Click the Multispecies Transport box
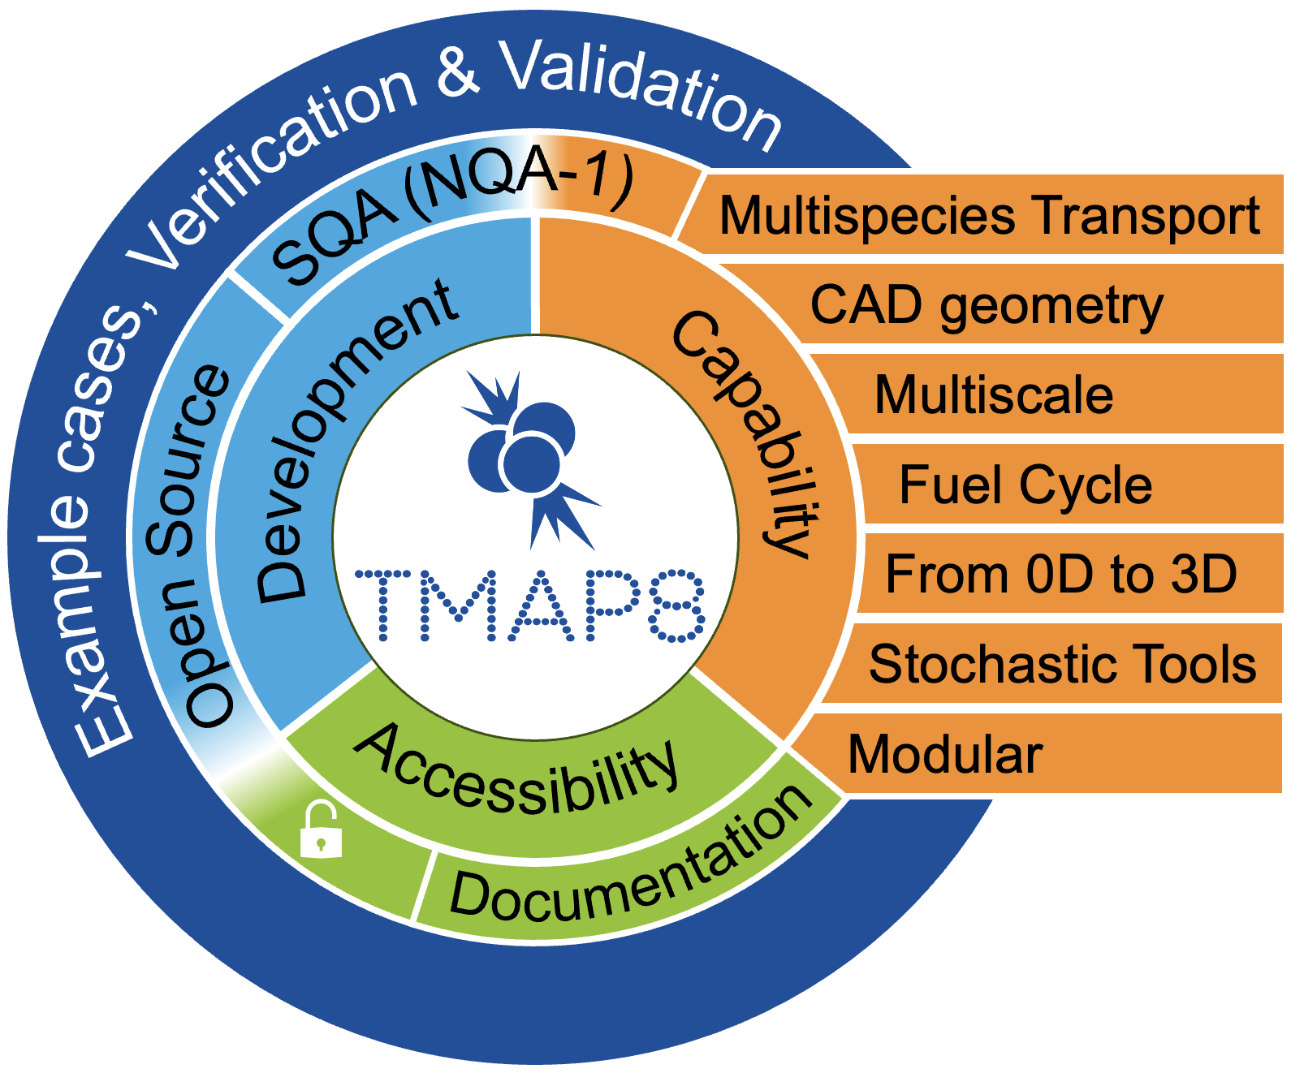(x=989, y=216)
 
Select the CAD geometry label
(x=987, y=306)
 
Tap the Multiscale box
(x=994, y=395)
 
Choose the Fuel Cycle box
(x=1025, y=485)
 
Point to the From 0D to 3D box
(x=1060, y=574)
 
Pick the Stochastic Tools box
(x=1062, y=664)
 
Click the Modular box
(x=945, y=754)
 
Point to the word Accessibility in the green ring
(x=518, y=769)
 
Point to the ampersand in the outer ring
(x=459, y=71)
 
